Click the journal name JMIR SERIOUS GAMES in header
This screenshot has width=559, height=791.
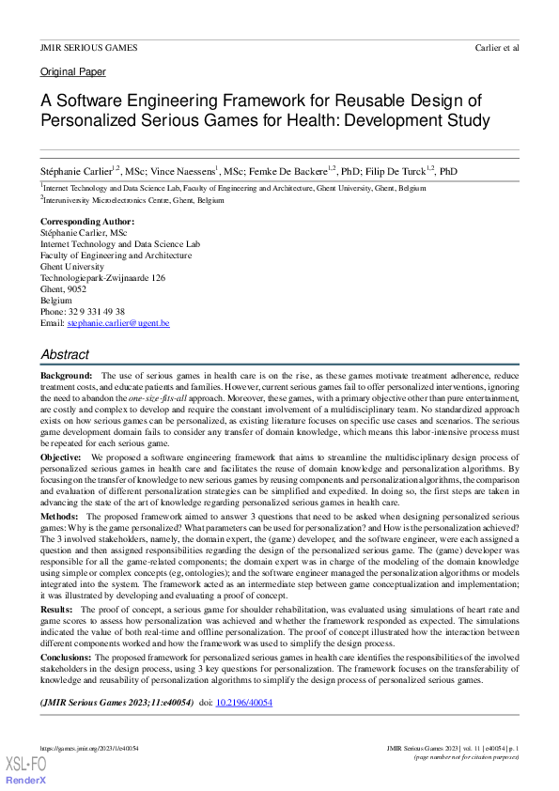pyautogui.click(x=88, y=47)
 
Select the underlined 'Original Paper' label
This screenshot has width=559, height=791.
pyautogui.click(x=73, y=72)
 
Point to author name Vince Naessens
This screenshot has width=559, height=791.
pyautogui.click(x=183, y=172)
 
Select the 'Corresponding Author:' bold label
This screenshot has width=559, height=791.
pyautogui.click(x=87, y=222)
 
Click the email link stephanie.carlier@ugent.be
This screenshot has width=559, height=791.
pyautogui.click(x=118, y=323)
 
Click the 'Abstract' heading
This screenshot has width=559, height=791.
pyautogui.click(x=65, y=355)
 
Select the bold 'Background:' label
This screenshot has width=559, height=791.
pyautogui.click(x=67, y=376)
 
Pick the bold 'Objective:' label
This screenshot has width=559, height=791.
pyautogui.click(x=61, y=457)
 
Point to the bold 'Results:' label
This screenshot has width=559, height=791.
pyautogui.click(x=59, y=610)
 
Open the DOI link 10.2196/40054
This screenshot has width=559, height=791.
pyautogui.click(x=244, y=702)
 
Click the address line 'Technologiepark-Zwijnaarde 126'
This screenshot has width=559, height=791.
pyautogui.click(x=103, y=278)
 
